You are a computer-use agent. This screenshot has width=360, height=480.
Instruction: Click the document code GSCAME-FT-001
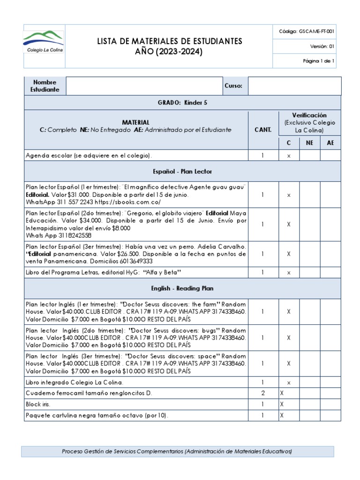313,31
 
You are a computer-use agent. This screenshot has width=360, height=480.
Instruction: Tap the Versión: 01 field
322,46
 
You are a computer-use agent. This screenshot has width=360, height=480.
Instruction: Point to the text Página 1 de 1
318,61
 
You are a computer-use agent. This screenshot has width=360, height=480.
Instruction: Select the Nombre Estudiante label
45,86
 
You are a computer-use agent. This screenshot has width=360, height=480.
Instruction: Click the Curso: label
233,86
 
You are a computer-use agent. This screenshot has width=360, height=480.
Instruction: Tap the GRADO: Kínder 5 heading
182,103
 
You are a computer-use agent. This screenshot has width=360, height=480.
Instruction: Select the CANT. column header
262,130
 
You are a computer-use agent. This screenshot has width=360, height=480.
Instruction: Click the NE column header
309,143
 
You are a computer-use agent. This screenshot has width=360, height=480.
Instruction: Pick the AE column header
330,143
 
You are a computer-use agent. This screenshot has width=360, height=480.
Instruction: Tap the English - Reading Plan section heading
182,288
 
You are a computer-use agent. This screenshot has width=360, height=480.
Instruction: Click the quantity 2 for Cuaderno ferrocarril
262,392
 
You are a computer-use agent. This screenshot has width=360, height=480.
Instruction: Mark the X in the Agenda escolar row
289,155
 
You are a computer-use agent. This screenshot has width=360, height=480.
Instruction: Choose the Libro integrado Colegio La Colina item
75,382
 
